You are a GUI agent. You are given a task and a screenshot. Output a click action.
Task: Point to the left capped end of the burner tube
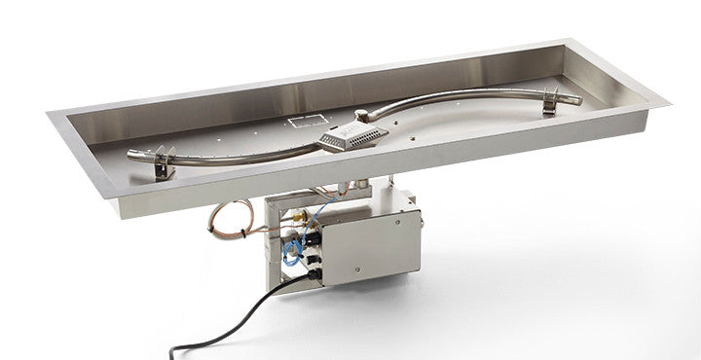click(134, 153)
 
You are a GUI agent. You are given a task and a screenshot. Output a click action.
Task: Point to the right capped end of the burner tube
click(576, 98)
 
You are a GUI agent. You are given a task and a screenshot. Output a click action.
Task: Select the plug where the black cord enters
click(314, 276)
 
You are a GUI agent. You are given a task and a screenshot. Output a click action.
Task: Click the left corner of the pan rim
click(49, 114)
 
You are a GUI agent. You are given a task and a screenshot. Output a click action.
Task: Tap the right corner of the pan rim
click(669, 99)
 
